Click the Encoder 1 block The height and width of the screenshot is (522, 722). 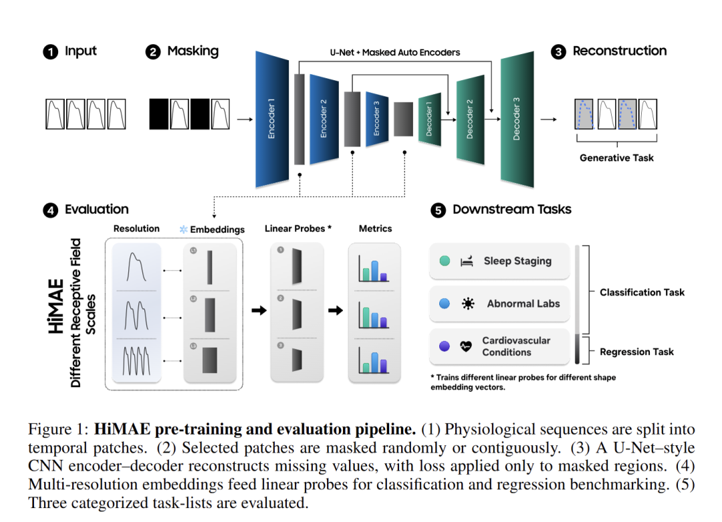click(x=271, y=118)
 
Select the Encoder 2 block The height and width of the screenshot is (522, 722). click(x=324, y=118)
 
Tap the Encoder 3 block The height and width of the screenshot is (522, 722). click(x=377, y=118)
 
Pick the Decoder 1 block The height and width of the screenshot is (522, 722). click(x=429, y=118)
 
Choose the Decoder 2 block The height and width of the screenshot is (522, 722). click(x=470, y=118)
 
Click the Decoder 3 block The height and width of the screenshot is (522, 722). click(x=516, y=118)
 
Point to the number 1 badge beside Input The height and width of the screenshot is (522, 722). click(x=50, y=52)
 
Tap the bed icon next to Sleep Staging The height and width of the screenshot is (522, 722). click(x=467, y=261)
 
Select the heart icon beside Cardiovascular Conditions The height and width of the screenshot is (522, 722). click(x=467, y=346)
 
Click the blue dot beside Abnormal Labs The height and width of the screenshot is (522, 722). click(x=445, y=303)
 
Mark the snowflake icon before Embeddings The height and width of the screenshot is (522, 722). click(x=183, y=229)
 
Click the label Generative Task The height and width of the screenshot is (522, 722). click(x=616, y=158)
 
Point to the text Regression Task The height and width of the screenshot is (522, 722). click(x=636, y=352)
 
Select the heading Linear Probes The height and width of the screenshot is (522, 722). click(x=298, y=229)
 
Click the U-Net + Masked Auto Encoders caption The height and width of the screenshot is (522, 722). click(x=395, y=51)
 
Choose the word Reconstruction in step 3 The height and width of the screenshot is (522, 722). click(x=619, y=51)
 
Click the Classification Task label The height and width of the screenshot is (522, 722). click(x=642, y=292)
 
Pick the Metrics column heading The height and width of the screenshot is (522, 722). click(x=375, y=229)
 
